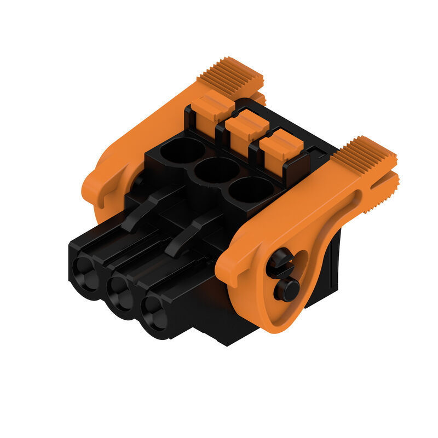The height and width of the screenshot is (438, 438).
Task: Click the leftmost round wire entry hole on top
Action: (183, 150)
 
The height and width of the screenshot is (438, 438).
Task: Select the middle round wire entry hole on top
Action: (217, 170)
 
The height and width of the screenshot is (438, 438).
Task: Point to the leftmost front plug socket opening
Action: (87, 272)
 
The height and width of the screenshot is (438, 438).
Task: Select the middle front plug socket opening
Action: (120, 293)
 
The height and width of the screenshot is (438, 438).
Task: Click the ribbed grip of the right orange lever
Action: (364, 155)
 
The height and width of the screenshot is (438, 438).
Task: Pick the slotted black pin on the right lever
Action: (279, 263)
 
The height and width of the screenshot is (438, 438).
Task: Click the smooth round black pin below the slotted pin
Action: (286, 288)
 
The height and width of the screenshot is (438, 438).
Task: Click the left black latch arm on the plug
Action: (148, 208)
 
